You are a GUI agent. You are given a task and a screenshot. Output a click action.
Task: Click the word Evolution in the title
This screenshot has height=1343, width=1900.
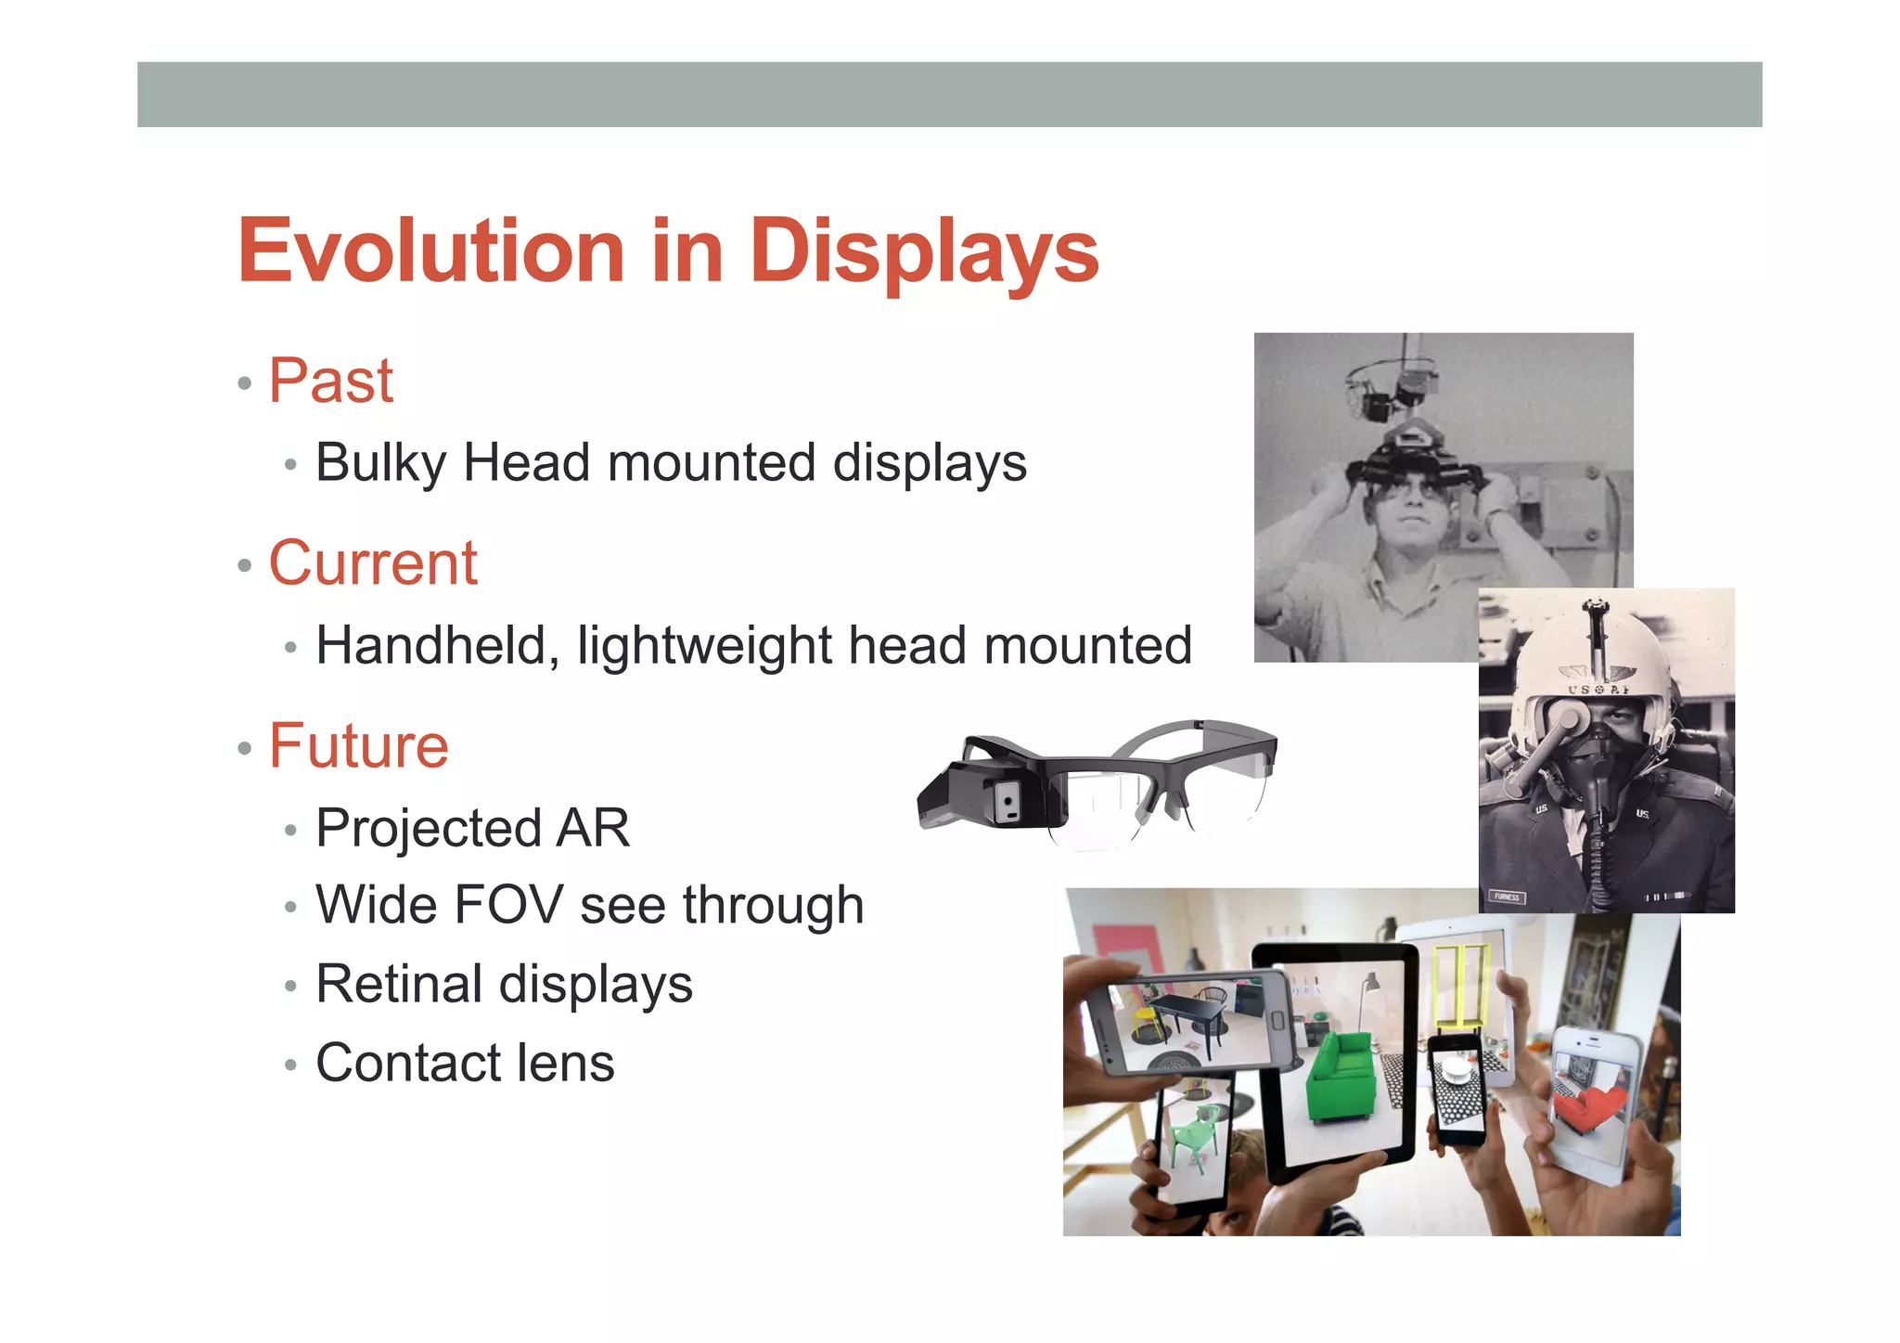pos(431,251)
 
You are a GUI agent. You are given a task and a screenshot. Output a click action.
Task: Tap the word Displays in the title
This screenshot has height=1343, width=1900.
pos(925,252)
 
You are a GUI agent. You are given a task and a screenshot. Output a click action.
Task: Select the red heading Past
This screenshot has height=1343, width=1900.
pos(331,381)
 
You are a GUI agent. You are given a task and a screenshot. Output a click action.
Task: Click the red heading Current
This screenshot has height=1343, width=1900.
pos(373,563)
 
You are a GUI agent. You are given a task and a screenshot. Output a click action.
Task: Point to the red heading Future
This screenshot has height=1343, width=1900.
pos(359,745)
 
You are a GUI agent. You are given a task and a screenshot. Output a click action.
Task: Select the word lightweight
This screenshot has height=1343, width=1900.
pos(704,647)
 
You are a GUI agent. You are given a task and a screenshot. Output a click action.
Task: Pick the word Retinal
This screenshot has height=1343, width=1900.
pos(399,984)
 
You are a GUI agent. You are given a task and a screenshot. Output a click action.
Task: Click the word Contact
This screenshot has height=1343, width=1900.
pos(407,1063)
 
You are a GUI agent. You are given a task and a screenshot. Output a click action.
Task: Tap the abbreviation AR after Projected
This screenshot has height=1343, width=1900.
pos(593,828)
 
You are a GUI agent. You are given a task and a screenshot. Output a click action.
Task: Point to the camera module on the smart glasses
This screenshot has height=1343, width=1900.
pos(1006,800)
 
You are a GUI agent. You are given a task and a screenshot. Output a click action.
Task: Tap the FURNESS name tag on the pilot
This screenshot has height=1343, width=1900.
pos(1507,897)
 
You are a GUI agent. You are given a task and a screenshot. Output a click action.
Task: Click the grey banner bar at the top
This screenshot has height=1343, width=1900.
pos(949,95)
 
